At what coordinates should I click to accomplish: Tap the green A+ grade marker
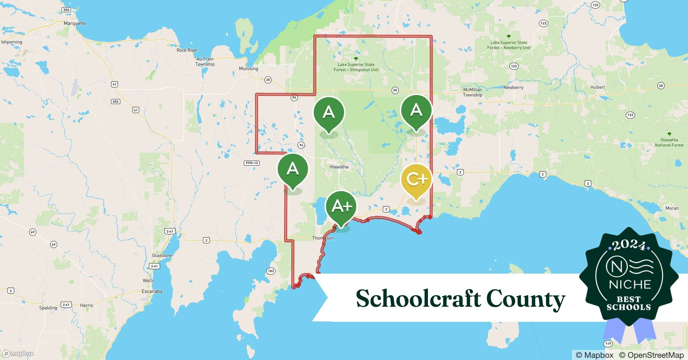click(x=341, y=206)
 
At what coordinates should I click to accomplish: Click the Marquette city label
click(x=75, y=23)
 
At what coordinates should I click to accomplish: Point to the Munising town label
click(x=249, y=68)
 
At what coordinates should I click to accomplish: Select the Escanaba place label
click(x=152, y=291)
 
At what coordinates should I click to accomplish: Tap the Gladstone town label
click(x=162, y=256)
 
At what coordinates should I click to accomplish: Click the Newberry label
click(x=513, y=87)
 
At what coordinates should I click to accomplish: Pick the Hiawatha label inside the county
click(x=339, y=167)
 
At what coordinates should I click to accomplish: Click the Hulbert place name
click(x=598, y=87)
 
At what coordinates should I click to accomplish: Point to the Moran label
click(x=672, y=208)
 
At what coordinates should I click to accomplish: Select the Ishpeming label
click(x=12, y=42)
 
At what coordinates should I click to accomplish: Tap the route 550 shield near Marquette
click(x=66, y=10)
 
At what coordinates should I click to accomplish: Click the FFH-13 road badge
click(x=252, y=163)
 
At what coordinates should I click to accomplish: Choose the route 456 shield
click(x=115, y=102)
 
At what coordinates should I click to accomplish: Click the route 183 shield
click(x=271, y=271)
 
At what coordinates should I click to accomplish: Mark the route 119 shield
click(x=608, y=344)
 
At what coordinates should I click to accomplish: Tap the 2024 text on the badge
click(x=629, y=246)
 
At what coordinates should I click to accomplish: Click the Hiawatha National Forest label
click(x=669, y=142)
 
